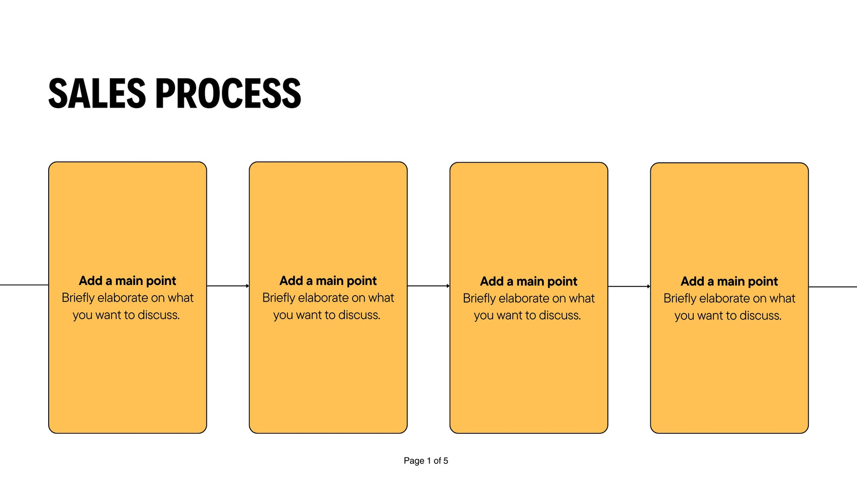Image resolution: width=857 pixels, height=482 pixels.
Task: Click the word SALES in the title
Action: [x=97, y=93]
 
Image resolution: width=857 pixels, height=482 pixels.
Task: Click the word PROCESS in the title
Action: [x=228, y=93]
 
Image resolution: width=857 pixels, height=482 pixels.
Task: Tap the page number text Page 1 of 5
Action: [x=426, y=461]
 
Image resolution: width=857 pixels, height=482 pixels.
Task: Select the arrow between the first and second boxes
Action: [x=228, y=286]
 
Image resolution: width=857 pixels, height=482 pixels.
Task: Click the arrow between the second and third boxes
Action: [x=428, y=286]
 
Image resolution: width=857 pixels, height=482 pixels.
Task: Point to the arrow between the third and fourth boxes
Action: [x=629, y=286]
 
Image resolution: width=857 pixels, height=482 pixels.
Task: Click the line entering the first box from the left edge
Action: [x=24, y=285]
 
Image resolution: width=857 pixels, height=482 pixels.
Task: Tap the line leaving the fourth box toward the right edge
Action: [x=832, y=287]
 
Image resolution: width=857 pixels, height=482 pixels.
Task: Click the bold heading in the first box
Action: [x=127, y=281]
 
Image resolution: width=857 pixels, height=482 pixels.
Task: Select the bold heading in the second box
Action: [x=328, y=281]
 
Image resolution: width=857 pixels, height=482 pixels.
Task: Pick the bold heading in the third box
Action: [x=528, y=282]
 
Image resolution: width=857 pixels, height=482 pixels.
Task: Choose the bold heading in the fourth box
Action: [x=729, y=282]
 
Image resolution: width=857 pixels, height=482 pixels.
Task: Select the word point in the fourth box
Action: [x=763, y=282]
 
